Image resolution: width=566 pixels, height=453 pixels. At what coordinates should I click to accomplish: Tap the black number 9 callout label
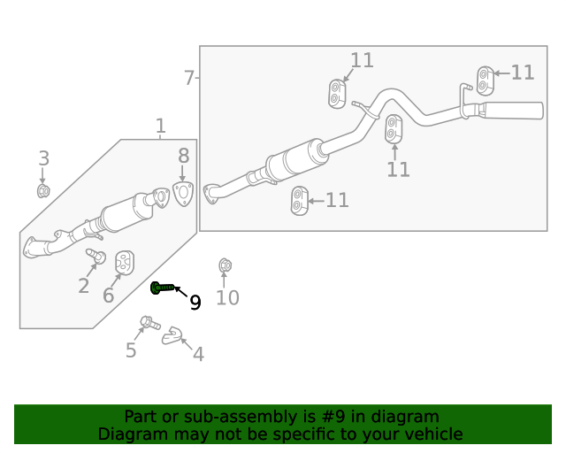pyautogui.click(x=195, y=303)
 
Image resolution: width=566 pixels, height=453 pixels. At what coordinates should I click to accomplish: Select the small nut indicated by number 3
pyautogui.click(x=42, y=190)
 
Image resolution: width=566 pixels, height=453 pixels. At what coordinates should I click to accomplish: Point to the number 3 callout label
pyautogui.click(x=43, y=159)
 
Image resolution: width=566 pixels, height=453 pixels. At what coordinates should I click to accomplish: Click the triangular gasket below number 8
pyautogui.click(x=183, y=194)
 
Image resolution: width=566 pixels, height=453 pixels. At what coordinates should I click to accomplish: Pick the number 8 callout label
pyautogui.click(x=183, y=155)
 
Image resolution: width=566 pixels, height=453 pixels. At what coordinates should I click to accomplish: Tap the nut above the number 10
pyautogui.click(x=225, y=265)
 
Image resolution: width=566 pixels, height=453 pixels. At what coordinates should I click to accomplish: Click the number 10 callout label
pyautogui.click(x=227, y=298)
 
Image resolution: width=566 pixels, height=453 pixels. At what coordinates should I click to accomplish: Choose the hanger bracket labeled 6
pyautogui.click(x=126, y=263)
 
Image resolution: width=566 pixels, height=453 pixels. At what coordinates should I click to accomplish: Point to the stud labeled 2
pyautogui.click(x=95, y=257)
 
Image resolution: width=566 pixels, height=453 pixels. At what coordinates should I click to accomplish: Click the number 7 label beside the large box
pyautogui.click(x=188, y=78)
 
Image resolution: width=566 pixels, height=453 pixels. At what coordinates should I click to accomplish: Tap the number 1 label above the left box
pyautogui.click(x=160, y=127)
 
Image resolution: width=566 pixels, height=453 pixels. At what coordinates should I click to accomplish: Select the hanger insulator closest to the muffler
pyautogui.click(x=484, y=80)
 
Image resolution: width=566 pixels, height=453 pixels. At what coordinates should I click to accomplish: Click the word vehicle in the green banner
pyautogui.click(x=431, y=434)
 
